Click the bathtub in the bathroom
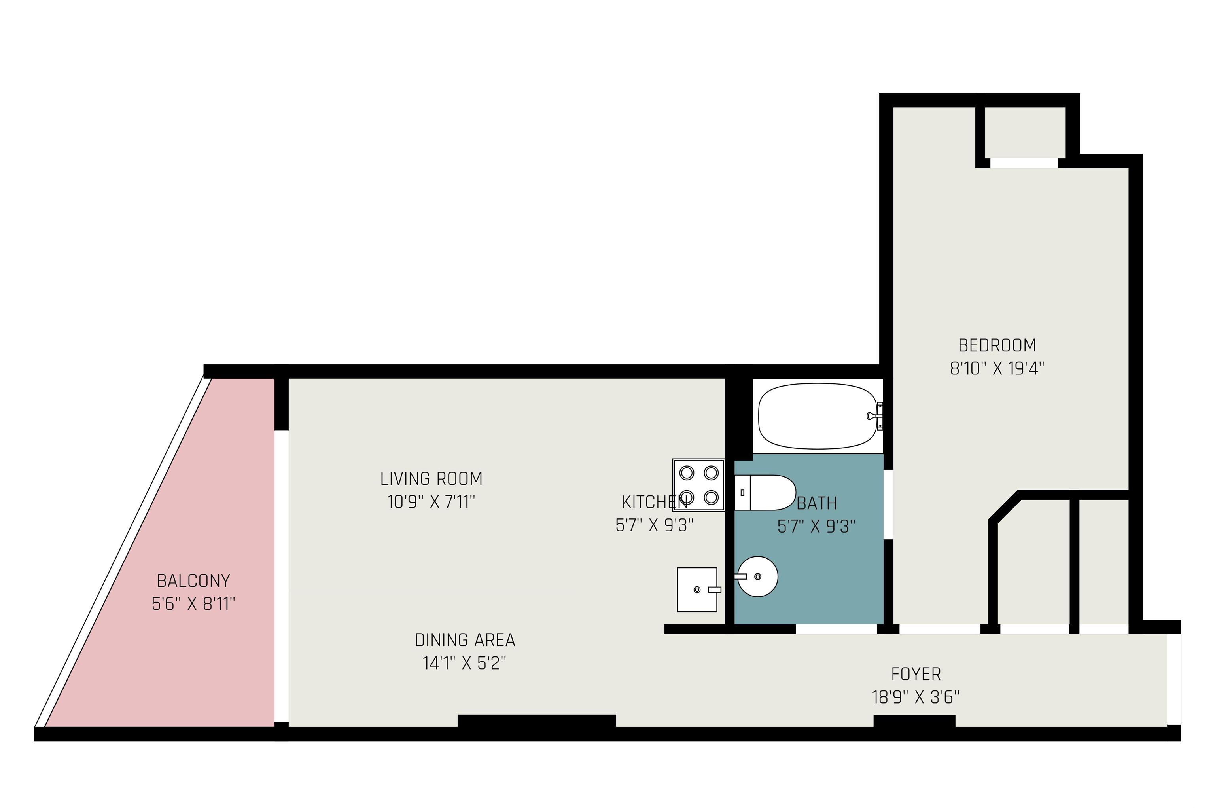(x=818, y=416)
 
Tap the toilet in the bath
(x=765, y=493)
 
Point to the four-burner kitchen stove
(x=698, y=485)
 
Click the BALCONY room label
(x=193, y=581)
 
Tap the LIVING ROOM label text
(x=431, y=479)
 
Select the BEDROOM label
(x=997, y=345)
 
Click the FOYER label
(x=916, y=674)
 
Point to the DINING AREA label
(x=465, y=640)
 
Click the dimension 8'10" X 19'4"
(x=997, y=368)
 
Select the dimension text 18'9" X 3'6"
(x=916, y=697)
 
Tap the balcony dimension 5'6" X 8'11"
(x=193, y=604)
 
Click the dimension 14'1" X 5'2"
(x=465, y=663)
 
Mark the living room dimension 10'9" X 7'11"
(x=431, y=502)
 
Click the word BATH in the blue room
(x=816, y=503)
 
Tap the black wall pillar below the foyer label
(x=914, y=721)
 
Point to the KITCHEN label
(x=654, y=502)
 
